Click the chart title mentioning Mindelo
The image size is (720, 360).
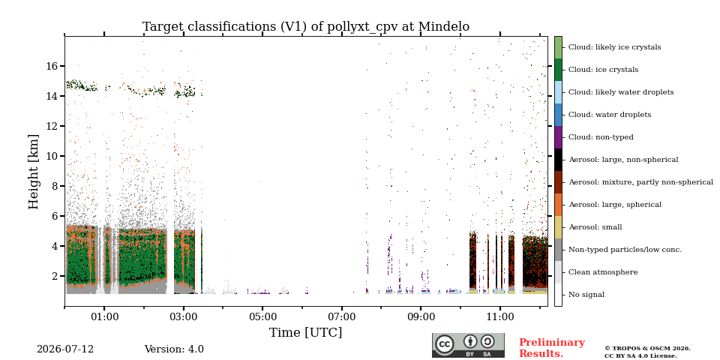pos(306,27)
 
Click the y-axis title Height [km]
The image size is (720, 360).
pos(34,172)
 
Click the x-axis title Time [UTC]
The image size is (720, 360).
pos(306,332)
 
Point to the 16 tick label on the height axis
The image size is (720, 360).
pos(52,66)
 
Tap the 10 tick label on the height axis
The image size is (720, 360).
pos(52,156)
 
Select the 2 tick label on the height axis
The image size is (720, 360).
pos(55,276)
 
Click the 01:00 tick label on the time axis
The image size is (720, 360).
pos(104,316)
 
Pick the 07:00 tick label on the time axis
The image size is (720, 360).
pos(342,316)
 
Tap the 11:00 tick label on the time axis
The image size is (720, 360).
pos(500,316)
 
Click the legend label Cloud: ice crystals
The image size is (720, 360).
pos(603,70)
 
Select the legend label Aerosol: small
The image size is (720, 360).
pos(595,227)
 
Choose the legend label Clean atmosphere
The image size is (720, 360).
pos(603,272)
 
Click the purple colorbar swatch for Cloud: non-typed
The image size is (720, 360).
pos(558,137)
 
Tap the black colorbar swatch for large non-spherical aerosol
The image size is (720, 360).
pos(558,160)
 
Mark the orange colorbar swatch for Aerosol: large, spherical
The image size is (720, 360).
pos(558,205)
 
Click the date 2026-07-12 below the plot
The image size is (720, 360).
pos(65,349)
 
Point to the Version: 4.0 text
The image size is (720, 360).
pos(174,349)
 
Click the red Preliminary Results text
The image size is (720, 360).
pos(552,347)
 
